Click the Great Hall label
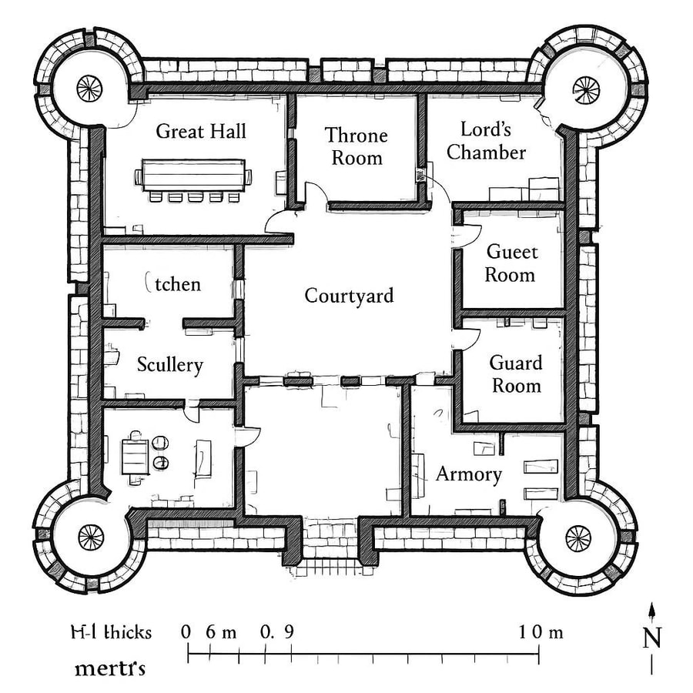[201, 131]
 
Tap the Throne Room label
[356, 146]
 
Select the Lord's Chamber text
[486, 140]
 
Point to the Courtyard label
[349, 296]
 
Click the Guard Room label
[516, 373]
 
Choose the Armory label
[469, 474]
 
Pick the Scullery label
[169, 364]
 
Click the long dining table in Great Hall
[193, 174]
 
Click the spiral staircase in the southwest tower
[90, 534]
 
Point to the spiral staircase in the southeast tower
[577, 537]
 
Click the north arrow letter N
[651, 638]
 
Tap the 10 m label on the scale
[541, 633]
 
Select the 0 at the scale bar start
[186, 632]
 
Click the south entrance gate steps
[328, 568]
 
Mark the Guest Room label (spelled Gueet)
[512, 263]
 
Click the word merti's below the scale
[110, 668]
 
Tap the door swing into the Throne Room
[315, 192]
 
